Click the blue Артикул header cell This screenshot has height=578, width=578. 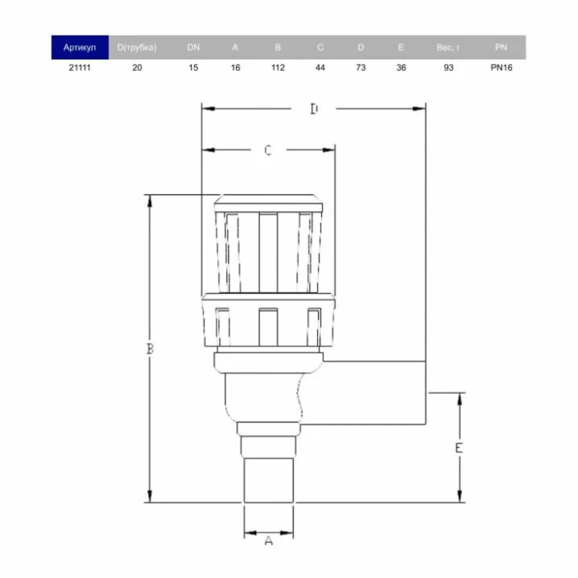tap(79, 47)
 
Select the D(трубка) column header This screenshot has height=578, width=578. tap(137, 48)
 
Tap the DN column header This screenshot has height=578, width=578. tap(193, 47)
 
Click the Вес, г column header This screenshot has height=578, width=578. tap(448, 48)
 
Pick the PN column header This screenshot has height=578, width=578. tap(501, 47)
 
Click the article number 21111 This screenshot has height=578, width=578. tap(79, 68)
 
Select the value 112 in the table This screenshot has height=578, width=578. tap(278, 68)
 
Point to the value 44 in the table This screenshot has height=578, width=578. tap(320, 68)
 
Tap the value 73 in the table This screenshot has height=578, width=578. tap(361, 68)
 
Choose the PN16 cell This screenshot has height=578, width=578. tap(501, 68)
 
